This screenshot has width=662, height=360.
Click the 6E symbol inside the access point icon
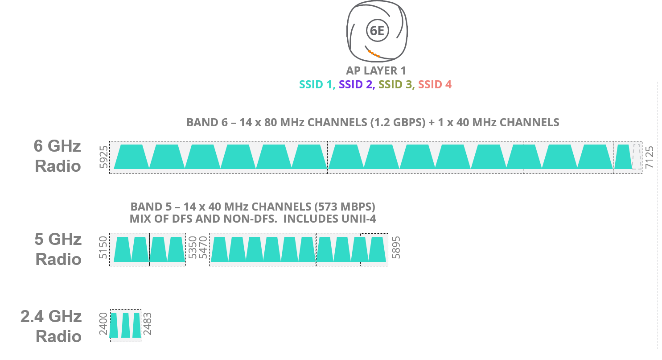pyautogui.click(x=377, y=31)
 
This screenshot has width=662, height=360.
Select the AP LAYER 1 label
pyautogui.click(x=376, y=70)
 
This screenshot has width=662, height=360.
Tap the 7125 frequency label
pyautogui.click(x=650, y=157)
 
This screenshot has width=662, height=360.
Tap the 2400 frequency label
pyautogui.click(x=103, y=325)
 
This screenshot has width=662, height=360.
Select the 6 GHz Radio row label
pyautogui.click(x=58, y=156)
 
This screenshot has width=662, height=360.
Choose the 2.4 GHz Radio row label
pyautogui.click(x=51, y=327)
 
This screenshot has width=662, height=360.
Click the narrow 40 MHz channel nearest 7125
pyautogui.click(x=623, y=157)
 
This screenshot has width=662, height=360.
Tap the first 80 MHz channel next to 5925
pyautogui.click(x=132, y=157)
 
